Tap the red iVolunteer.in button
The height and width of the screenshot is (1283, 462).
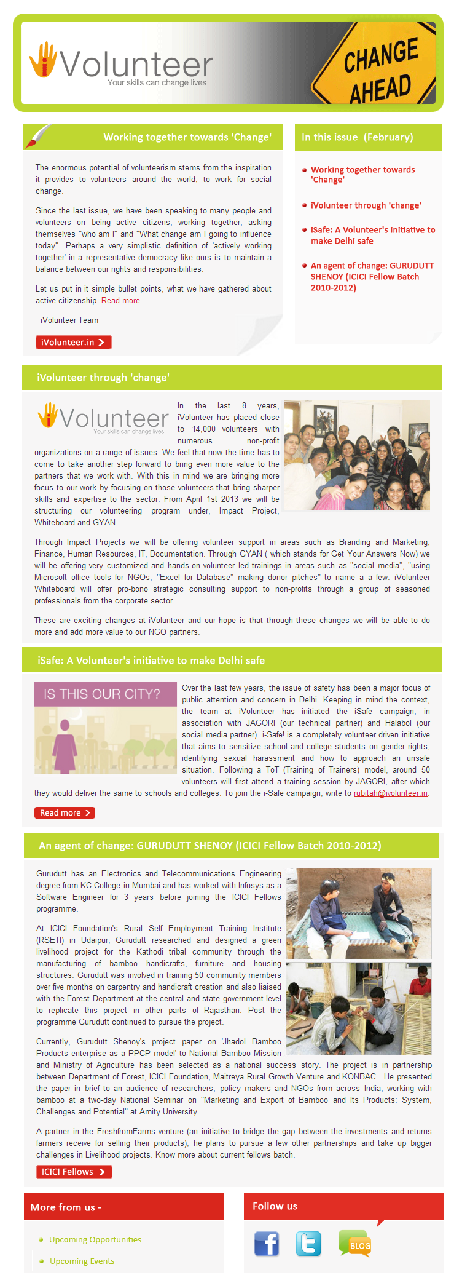click(73, 343)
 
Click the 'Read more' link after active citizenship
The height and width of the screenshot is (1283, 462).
click(120, 301)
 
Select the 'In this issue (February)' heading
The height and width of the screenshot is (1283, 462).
click(357, 137)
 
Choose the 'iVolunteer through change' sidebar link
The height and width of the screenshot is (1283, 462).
click(366, 205)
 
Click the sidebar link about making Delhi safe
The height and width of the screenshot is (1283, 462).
click(372, 236)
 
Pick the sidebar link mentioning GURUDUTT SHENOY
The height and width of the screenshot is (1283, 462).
click(372, 277)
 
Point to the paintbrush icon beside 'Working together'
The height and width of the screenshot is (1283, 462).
click(37, 136)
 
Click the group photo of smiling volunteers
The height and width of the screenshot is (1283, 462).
click(356, 455)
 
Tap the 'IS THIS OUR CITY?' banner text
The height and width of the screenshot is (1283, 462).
click(101, 694)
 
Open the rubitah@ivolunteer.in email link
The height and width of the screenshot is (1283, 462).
click(390, 793)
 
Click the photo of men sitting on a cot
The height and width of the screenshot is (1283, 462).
click(358, 913)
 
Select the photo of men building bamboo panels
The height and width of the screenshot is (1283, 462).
click(358, 1009)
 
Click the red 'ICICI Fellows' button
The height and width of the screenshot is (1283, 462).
click(74, 1172)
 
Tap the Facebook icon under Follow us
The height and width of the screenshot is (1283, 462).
click(267, 1244)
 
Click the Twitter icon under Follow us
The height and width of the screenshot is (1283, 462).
click(308, 1244)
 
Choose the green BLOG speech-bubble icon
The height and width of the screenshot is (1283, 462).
click(354, 1244)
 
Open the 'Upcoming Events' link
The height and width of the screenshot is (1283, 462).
click(82, 1261)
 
